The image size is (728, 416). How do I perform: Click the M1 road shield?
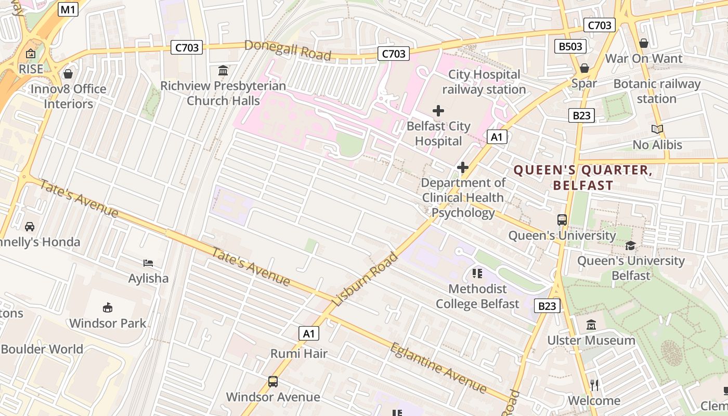[68, 9]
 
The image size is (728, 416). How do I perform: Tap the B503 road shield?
[570, 46]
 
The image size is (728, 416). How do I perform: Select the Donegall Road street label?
[288, 50]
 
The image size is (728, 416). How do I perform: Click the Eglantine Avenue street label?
[438, 368]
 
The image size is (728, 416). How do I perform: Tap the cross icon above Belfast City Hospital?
[438, 110]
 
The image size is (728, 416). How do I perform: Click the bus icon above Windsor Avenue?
[273, 382]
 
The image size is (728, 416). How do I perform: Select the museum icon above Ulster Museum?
[591, 326]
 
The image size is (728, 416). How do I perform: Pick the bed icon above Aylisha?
[148, 263]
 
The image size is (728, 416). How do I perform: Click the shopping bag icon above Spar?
[584, 68]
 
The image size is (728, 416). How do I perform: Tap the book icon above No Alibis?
[657, 129]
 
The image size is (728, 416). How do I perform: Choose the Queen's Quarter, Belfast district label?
[583, 177]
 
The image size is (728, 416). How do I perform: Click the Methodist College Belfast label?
[477, 296]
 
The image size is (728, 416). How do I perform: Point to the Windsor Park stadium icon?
[108, 308]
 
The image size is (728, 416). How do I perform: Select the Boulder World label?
[42, 349]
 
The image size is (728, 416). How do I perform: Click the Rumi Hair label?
[299, 354]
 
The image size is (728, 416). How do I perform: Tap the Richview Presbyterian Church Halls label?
[223, 93]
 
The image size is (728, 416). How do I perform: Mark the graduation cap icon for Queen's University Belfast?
[630, 245]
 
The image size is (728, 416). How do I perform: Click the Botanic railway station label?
[657, 91]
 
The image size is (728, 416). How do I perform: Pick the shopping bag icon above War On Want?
[643, 43]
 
